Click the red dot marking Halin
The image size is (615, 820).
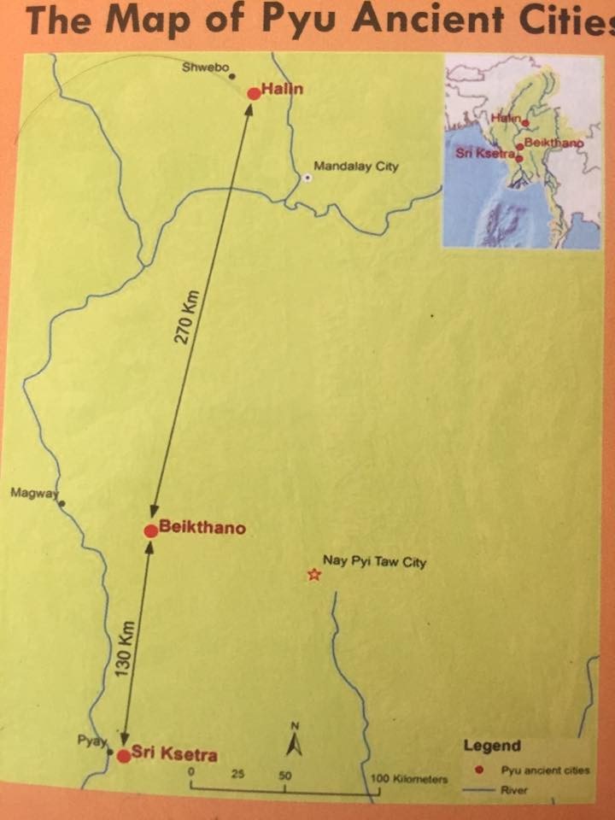253,93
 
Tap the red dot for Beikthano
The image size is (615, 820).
150,531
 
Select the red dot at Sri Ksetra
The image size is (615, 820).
124,755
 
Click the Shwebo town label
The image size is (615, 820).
205,68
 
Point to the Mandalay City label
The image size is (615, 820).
356,167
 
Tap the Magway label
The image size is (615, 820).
30,493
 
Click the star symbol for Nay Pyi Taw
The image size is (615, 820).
313,576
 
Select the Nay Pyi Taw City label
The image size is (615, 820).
373,562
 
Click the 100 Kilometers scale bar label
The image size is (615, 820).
410,779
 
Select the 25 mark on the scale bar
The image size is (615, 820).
238,775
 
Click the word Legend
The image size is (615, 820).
492,746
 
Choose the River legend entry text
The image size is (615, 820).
514,790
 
